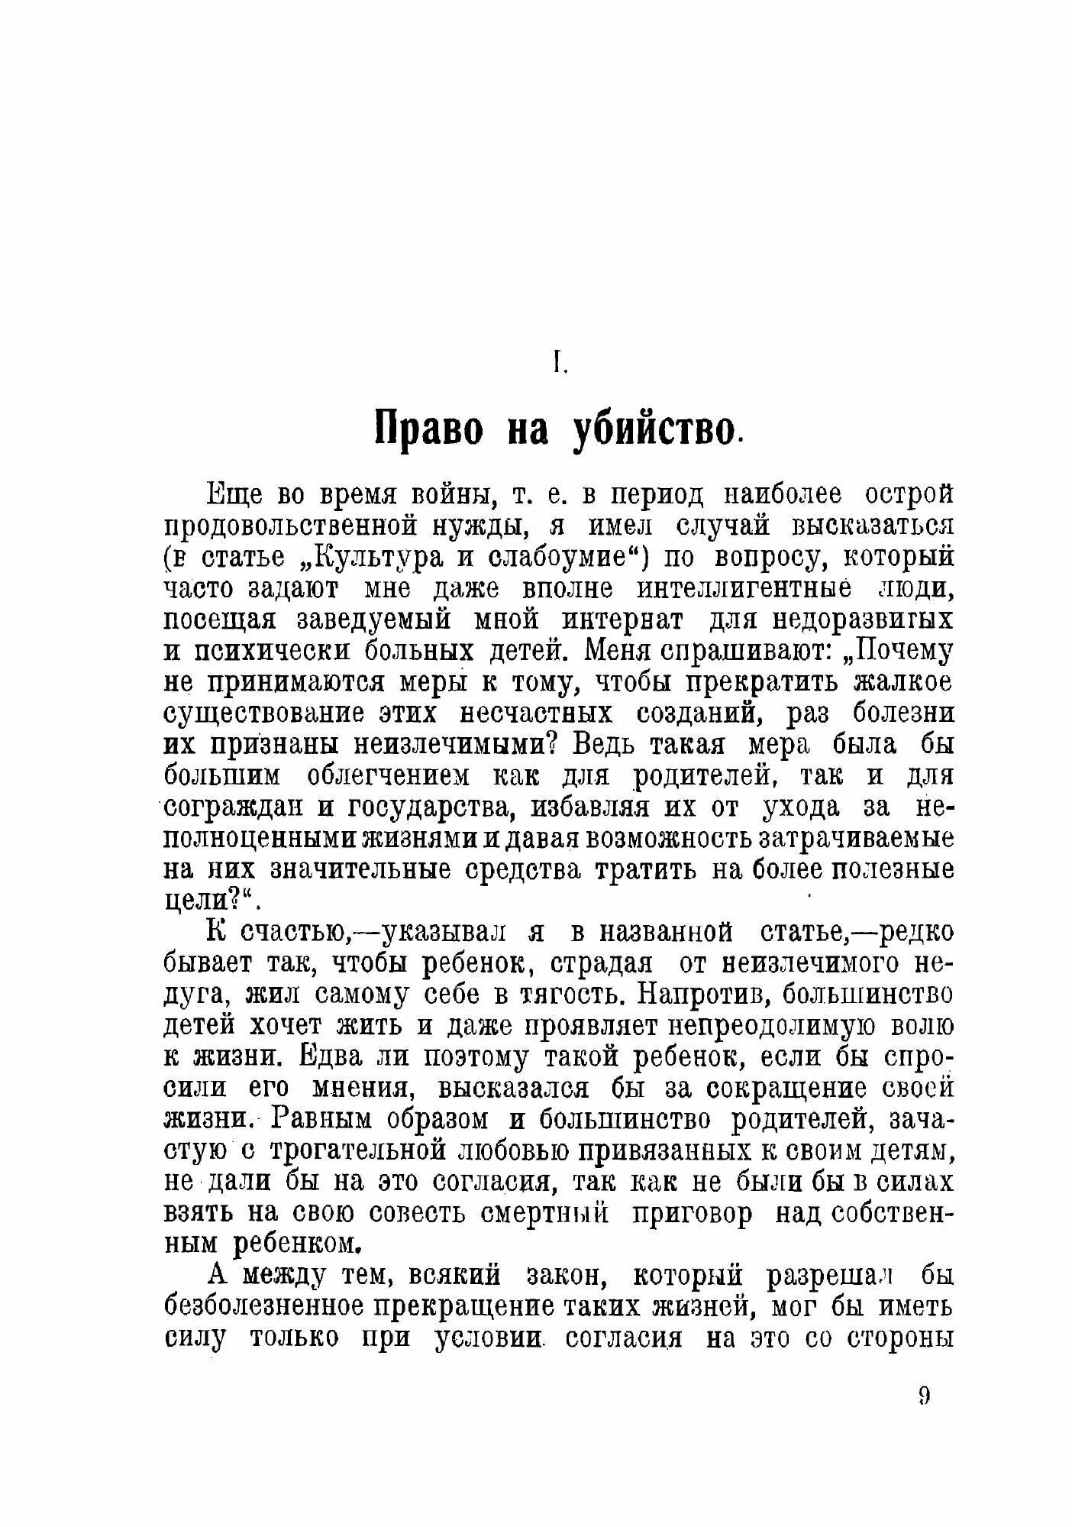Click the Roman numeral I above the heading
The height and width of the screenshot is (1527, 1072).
pos(560,364)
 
